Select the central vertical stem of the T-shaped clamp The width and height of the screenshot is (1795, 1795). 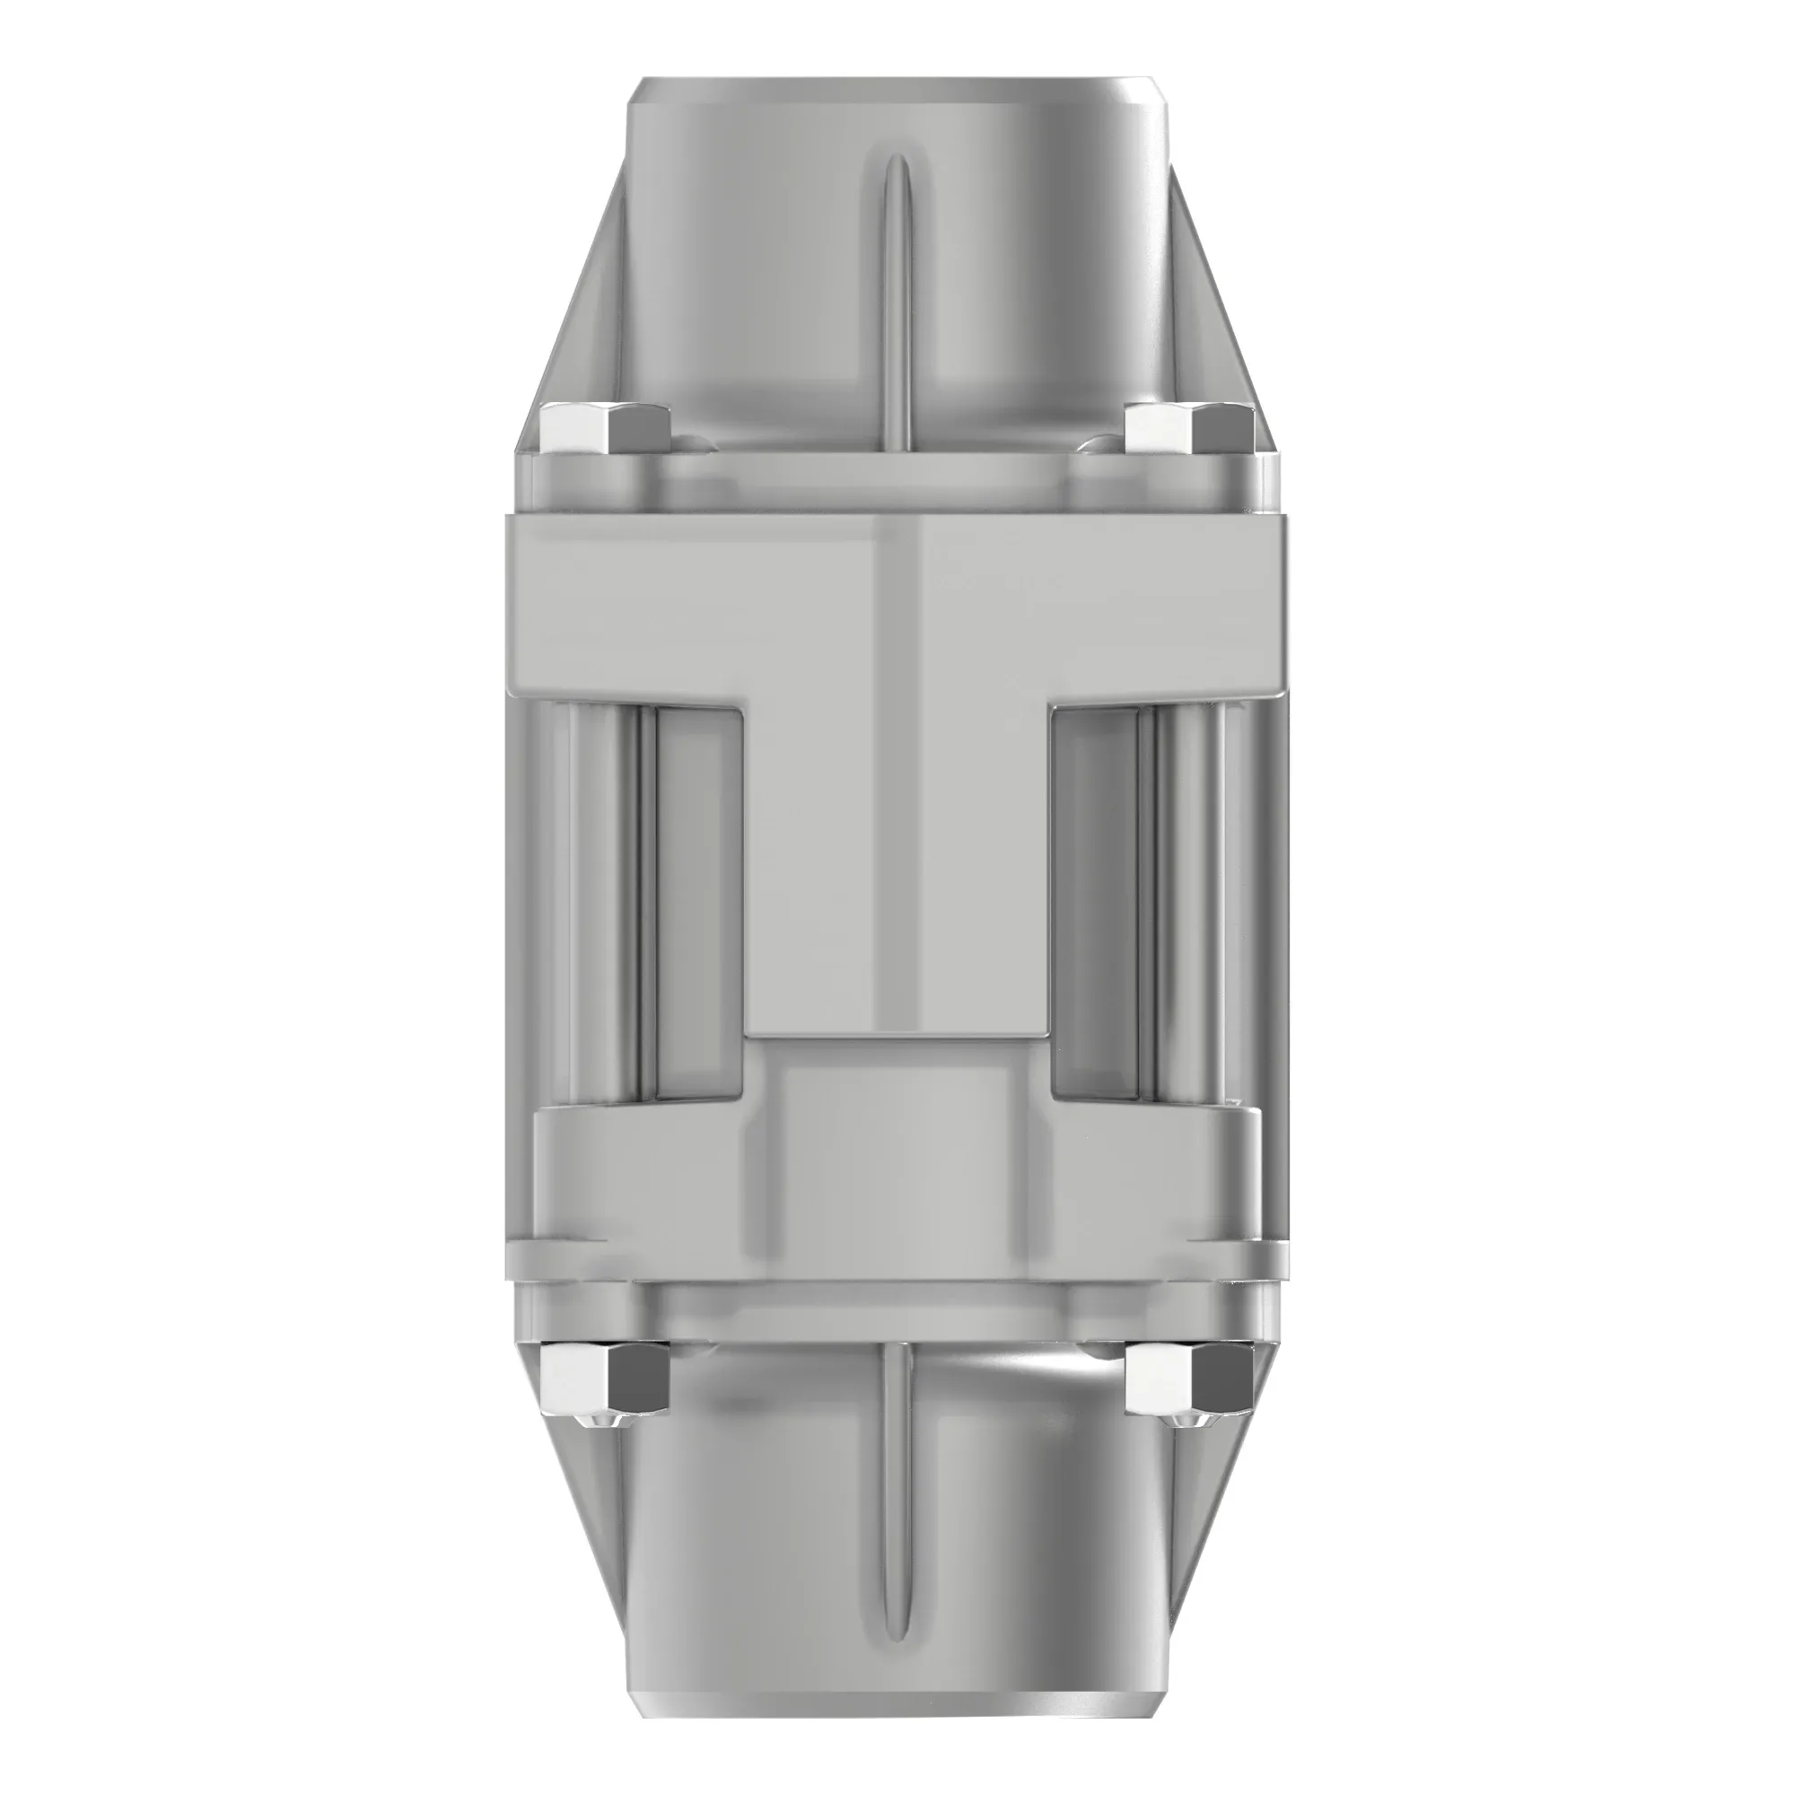click(897, 864)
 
